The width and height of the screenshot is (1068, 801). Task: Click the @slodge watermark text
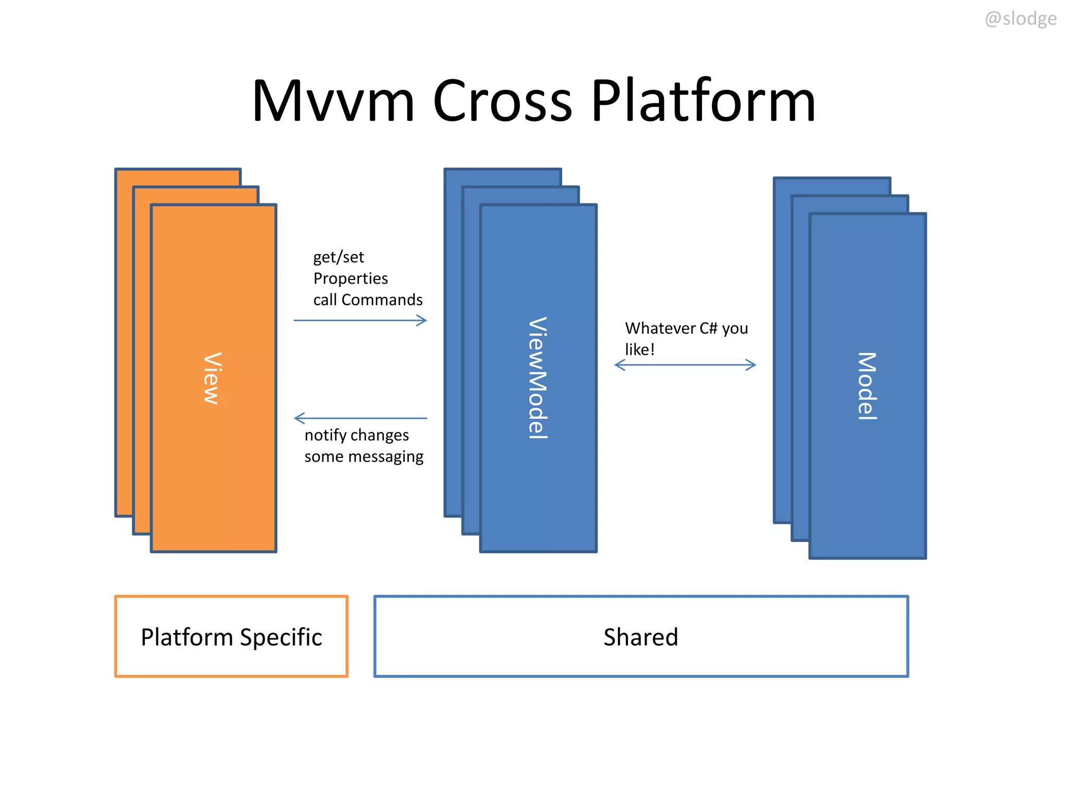pos(1020,19)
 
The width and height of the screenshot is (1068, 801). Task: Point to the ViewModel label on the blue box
pos(538,378)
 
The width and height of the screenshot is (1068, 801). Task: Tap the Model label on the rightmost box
pos(867,386)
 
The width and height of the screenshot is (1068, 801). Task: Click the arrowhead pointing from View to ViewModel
pos(422,320)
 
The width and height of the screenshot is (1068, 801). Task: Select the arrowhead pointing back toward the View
pos(299,418)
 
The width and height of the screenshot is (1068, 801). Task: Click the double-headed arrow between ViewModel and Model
pos(685,365)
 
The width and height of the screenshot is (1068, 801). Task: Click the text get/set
pos(338,257)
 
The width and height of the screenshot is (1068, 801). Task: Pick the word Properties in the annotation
pos(350,278)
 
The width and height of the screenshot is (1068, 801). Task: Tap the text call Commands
pos(368,300)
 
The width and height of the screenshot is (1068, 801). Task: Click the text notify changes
pos(357,435)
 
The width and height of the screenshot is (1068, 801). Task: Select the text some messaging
pos(363,456)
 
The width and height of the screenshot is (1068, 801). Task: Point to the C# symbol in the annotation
pos(708,328)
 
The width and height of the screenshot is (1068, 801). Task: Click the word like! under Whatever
pos(639,349)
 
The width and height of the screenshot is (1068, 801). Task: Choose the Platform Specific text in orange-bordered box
pos(231,637)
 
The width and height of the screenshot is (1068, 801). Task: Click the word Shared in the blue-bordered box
pos(640,637)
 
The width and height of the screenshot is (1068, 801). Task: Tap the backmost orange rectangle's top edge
pos(177,169)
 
